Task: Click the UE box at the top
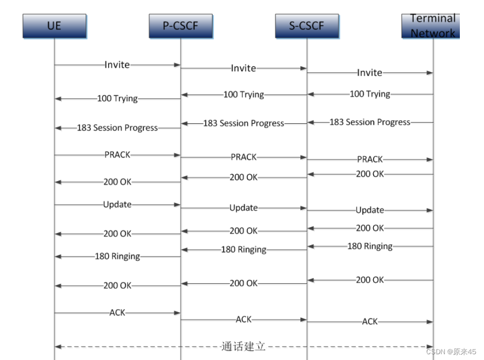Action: [x=54, y=26]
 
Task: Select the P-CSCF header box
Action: [x=181, y=26]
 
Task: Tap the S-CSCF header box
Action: [x=307, y=26]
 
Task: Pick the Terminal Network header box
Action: [x=432, y=26]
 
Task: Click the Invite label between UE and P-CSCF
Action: [x=117, y=65]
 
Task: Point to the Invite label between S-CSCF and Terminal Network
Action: [x=370, y=72]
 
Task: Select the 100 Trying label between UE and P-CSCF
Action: [x=117, y=98]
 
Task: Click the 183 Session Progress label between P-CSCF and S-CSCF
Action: [x=244, y=123]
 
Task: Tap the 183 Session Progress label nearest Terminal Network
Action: [x=370, y=122]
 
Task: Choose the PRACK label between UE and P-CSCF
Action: [x=117, y=155]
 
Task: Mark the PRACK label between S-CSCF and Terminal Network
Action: [x=370, y=159]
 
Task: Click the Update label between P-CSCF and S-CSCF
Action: [x=244, y=208]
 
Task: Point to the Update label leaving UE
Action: [x=117, y=204]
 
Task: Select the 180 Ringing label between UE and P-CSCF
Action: [x=117, y=256]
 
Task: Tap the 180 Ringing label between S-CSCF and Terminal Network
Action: [x=370, y=246]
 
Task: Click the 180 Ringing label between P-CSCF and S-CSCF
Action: [x=244, y=249]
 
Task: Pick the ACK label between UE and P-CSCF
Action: [x=117, y=312]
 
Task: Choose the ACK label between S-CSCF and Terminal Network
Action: [x=370, y=321]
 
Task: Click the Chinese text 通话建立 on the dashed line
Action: [x=244, y=346]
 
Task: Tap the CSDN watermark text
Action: [x=451, y=352]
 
